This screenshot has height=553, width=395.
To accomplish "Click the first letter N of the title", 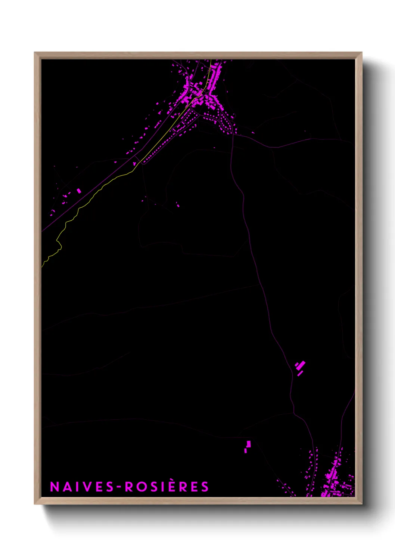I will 55,486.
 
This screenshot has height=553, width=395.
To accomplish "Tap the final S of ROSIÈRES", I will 205,486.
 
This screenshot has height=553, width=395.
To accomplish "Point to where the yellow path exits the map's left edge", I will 42,266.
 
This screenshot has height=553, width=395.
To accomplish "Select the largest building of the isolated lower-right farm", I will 301,365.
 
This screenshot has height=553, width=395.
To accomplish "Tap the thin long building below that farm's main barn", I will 300,373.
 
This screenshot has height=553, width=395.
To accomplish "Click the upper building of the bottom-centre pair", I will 249,444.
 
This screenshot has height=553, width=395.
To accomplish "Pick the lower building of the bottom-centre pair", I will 246,450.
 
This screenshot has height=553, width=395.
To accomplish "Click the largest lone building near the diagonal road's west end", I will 79,191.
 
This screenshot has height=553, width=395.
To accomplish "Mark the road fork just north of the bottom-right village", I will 294,414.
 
